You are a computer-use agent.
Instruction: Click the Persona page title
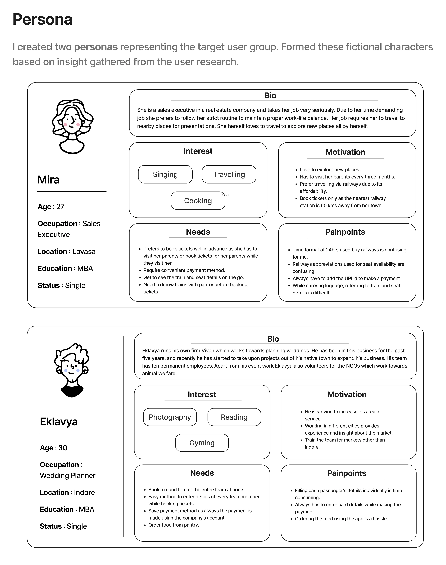(43, 20)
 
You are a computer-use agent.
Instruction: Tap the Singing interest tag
(165, 174)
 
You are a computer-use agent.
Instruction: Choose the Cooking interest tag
(198, 201)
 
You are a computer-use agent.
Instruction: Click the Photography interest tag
(170, 417)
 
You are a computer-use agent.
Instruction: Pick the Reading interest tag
(234, 417)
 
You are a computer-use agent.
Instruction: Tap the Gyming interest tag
(202, 443)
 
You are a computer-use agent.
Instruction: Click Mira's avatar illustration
(72, 126)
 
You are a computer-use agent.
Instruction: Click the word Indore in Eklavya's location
(84, 492)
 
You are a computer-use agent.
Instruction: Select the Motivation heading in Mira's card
(345, 152)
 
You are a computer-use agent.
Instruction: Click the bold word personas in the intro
(96, 47)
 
